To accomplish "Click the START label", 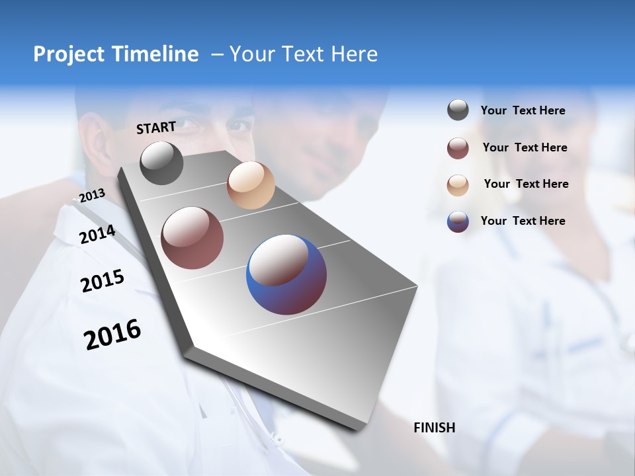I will pyautogui.click(x=156, y=128).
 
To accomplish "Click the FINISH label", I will pyautogui.click(x=435, y=428).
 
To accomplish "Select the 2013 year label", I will pyautogui.click(x=92, y=196).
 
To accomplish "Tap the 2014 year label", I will pyautogui.click(x=98, y=235).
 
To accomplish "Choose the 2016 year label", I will pyautogui.click(x=112, y=335).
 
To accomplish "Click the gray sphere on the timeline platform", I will pyautogui.click(x=162, y=163).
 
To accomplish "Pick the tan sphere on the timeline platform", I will pyautogui.click(x=251, y=185).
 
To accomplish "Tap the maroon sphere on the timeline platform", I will pyautogui.click(x=192, y=238).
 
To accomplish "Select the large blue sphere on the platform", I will pyautogui.click(x=286, y=274).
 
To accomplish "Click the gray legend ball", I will pyautogui.click(x=458, y=110).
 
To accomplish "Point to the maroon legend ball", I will pyautogui.click(x=458, y=148).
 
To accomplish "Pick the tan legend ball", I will pyautogui.click(x=458, y=184).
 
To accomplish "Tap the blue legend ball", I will pyautogui.click(x=458, y=221).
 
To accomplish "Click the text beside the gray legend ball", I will pyautogui.click(x=523, y=110).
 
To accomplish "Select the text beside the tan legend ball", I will pyautogui.click(x=526, y=184).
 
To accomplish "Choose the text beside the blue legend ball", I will pyautogui.click(x=523, y=221).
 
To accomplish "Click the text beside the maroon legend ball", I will pyautogui.click(x=525, y=147).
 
